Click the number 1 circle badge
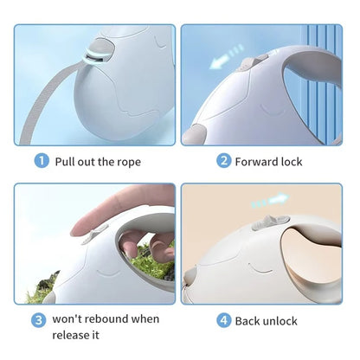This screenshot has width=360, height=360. pos(42,160)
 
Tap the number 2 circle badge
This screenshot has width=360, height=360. pos(223,160)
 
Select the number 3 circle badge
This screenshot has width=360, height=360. pos(39,320)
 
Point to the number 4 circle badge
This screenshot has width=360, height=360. pos(223,321)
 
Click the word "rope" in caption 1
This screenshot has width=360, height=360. pos(124,161)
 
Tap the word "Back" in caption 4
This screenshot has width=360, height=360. pos(248,321)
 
